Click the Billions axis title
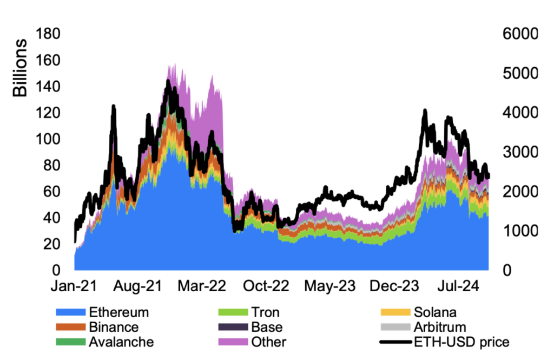pyautogui.click(x=20, y=68)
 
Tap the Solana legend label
pyautogui.click(x=435, y=312)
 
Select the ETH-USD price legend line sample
pyautogui.click(x=394, y=342)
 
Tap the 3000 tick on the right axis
pyautogui.click(x=517, y=152)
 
